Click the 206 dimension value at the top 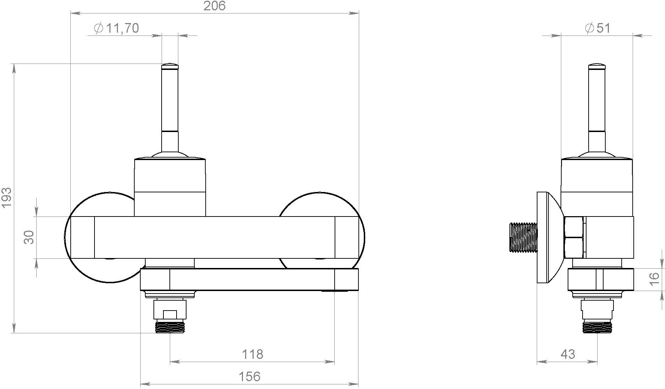coord(214,6)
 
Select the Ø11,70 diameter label coord(116,28)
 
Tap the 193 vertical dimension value coord(7,198)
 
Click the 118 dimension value coord(252,354)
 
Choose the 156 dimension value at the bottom coord(249,376)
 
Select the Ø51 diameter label coord(598,28)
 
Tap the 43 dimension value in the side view coord(567,354)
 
